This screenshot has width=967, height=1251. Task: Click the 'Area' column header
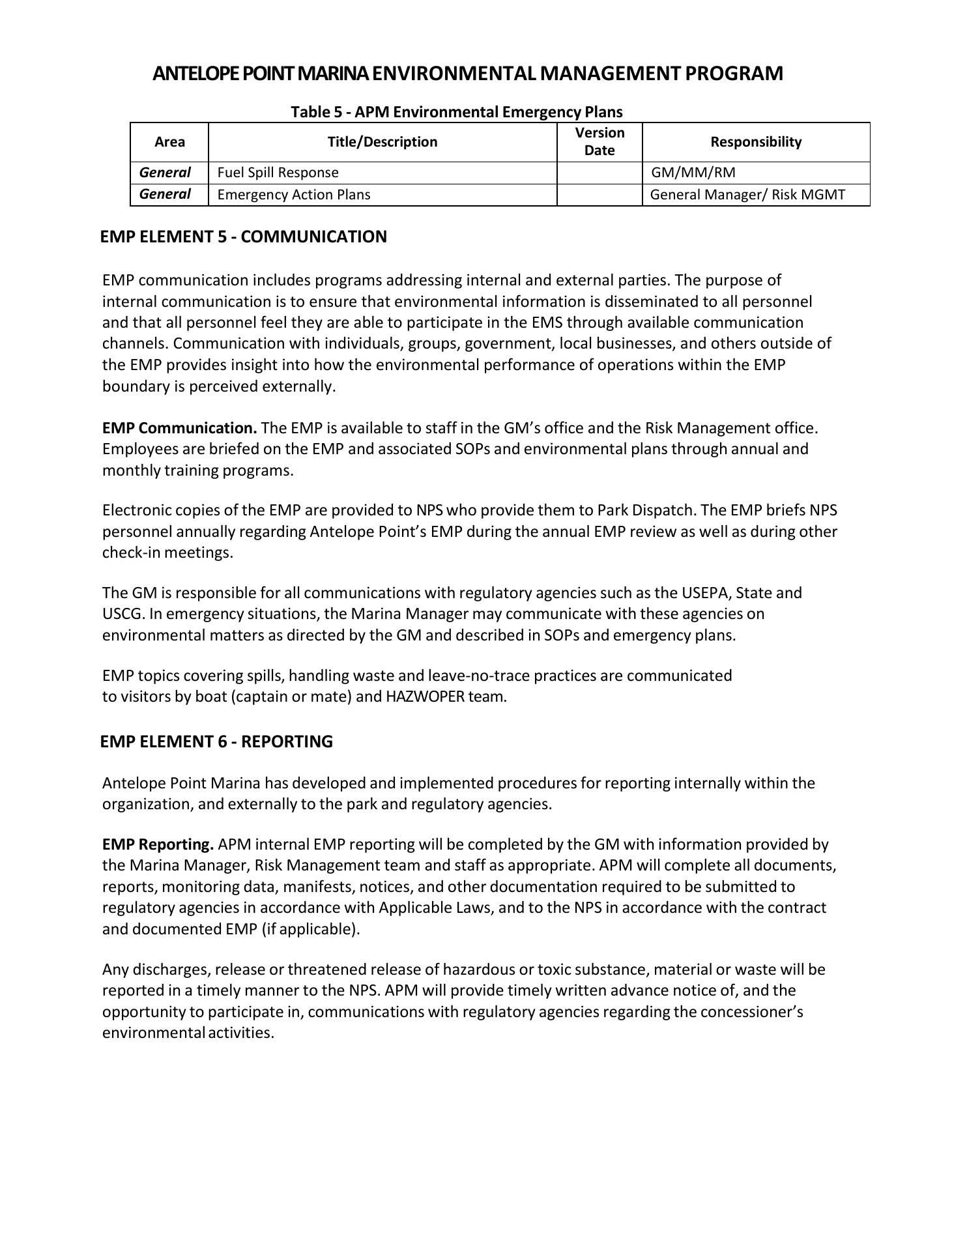click(x=169, y=142)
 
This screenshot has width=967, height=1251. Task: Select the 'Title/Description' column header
click(x=382, y=142)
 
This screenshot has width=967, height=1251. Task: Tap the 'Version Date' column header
click(x=599, y=142)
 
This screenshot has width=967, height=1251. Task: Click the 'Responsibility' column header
click(x=756, y=142)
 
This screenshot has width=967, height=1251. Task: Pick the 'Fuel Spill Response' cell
click(x=278, y=173)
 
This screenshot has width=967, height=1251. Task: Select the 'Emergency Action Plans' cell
click(x=294, y=195)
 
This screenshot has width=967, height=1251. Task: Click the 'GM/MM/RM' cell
click(x=693, y=173)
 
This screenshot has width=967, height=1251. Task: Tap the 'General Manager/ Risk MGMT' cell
click(x=747, y=195)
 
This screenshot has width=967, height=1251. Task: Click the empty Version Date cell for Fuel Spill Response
click(x=599, y=173)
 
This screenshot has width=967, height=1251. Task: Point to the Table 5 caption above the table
click(x=456, y=112)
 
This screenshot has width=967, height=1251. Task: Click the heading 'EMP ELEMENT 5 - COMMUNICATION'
click(x=244, y=237)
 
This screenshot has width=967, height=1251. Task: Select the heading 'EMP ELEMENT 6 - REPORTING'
click(x=216, y=741)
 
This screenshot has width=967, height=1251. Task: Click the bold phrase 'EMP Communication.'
click(x=180, y=428)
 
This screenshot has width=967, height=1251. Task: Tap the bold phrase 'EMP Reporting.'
click(x=158, y=844)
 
